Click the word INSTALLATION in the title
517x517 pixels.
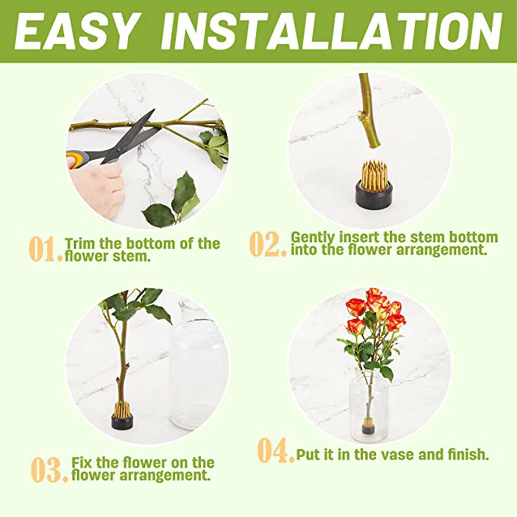[x=332, y=32]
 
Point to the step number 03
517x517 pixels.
[x=50, y=469]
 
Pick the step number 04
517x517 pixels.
[x=276, y=450]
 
